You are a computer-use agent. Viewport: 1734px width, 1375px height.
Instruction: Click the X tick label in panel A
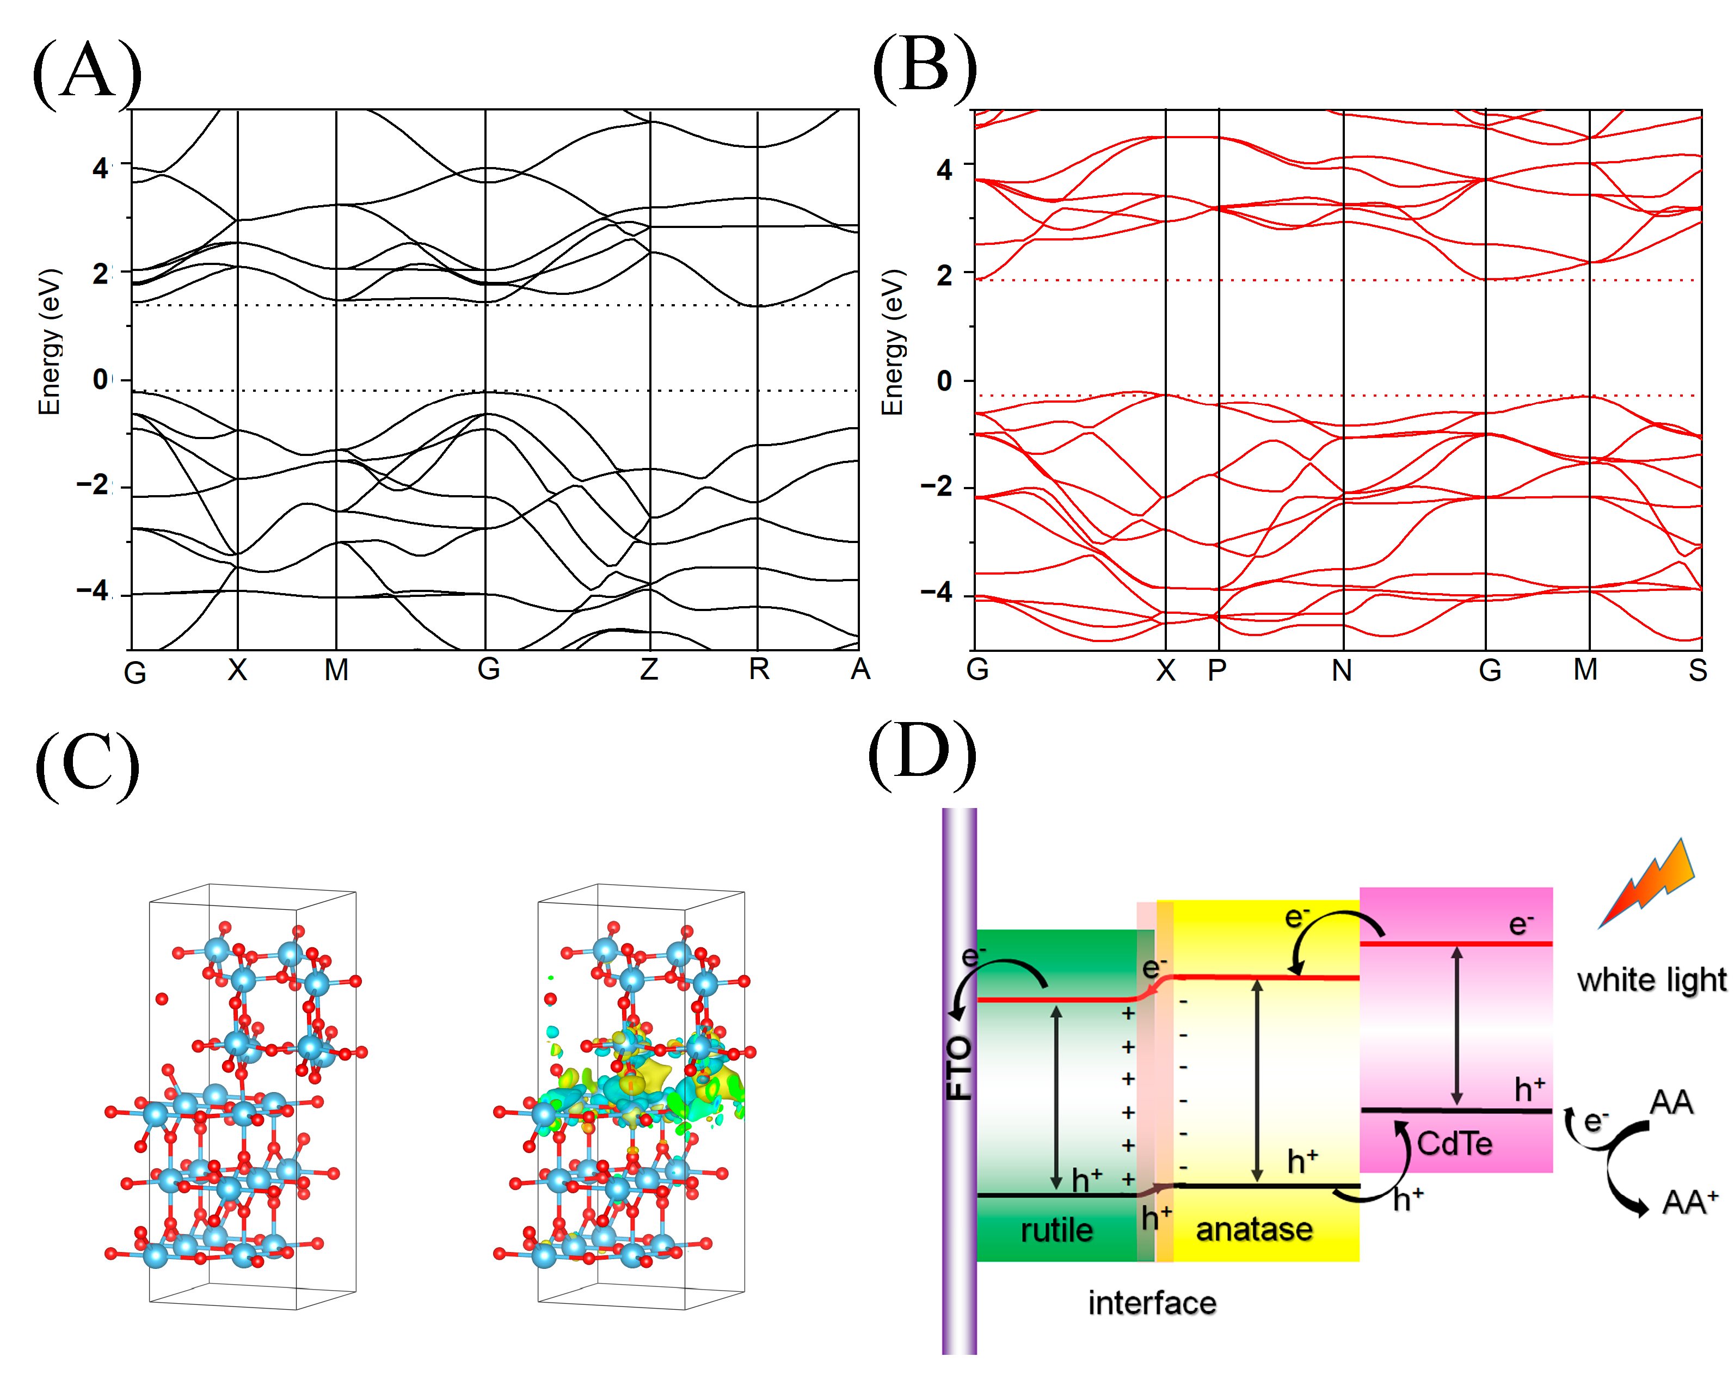pos(237,670)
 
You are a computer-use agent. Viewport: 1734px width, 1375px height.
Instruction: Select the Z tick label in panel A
pos(649,669)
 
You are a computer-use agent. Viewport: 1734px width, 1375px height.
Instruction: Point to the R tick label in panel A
pos(759,669)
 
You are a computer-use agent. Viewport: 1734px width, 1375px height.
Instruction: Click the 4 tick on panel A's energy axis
pos(100,168)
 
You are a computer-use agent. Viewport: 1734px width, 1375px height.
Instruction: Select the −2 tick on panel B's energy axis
pos(937,486)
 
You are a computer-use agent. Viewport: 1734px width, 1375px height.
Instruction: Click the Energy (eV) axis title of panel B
pos(893,342)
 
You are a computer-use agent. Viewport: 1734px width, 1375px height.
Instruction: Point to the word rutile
pos(1056,1230)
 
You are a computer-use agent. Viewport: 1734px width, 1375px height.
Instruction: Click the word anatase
pos(1254,1230)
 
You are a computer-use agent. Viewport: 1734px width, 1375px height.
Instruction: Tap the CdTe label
pos(1454,1143)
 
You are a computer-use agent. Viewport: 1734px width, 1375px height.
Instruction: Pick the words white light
pos(1651,980)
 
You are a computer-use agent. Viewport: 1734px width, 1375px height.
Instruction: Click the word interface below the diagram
pos(1152,1303)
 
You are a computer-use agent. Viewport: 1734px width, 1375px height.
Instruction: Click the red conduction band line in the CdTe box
pos(1456,943)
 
